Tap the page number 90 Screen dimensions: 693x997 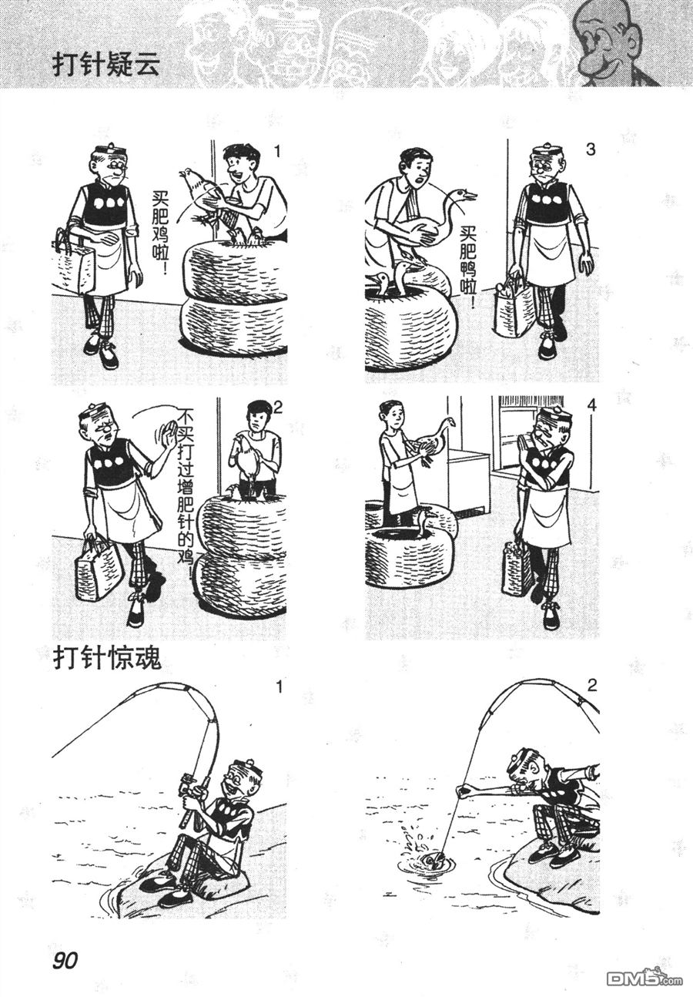[x=65, y=958]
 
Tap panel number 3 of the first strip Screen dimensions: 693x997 [x=591, y=150]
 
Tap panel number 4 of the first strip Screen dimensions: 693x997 [x=591, y=405]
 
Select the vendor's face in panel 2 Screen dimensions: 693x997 [x=254, y=418]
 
